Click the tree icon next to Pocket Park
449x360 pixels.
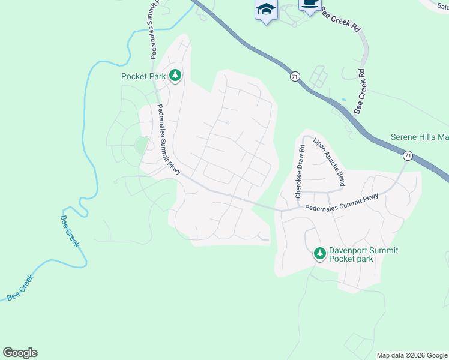pos(175,76)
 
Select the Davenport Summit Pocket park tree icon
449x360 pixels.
pos(320,254)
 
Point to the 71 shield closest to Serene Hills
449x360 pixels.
pos(408,155)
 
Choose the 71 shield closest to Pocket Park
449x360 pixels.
pos(294,77)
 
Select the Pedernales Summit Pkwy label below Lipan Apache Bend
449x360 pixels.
pos(342,202)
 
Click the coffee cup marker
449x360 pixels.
pos(310,5)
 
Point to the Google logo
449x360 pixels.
pos(20,353)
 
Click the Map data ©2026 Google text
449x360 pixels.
pos(412,355)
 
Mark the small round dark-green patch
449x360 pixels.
pos(142,146)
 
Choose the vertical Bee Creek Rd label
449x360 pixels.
pos(360,92)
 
